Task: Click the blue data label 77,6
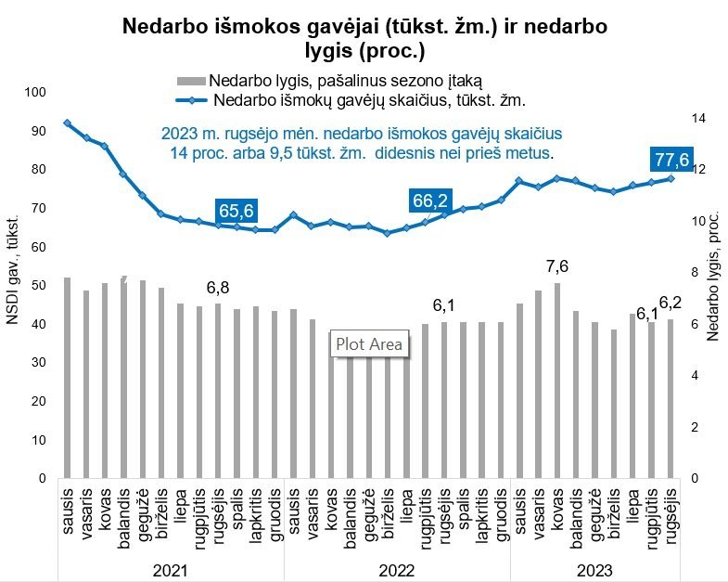[x=671, y=160]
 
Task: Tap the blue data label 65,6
[x=236, y=212]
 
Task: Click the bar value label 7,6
[x=556, y=266]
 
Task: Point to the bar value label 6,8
[x=218, y=287]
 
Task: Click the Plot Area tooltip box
[x=369, y=343]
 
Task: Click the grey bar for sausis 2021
[x=67, y=377]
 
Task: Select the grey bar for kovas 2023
[x=556, y=380]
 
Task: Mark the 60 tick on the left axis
[x=37, y=247]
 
